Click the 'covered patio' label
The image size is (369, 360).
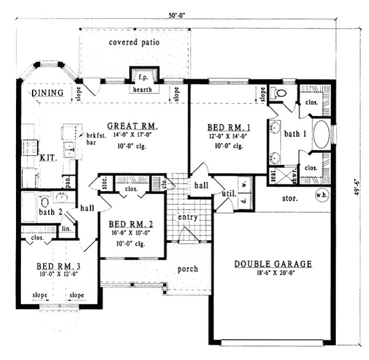click(x=134, y=43)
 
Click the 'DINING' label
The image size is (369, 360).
click(x=48, y=93)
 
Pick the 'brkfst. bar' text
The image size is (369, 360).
click(x=93, y=138)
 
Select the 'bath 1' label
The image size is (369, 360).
click(x=295, y=133)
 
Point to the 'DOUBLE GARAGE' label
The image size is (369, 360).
click(x=273, y=264)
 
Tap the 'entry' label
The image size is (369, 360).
click(x=187, y=218)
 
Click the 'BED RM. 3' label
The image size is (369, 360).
click(x=58, y=266)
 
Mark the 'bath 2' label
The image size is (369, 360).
click(x=51, y=211)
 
